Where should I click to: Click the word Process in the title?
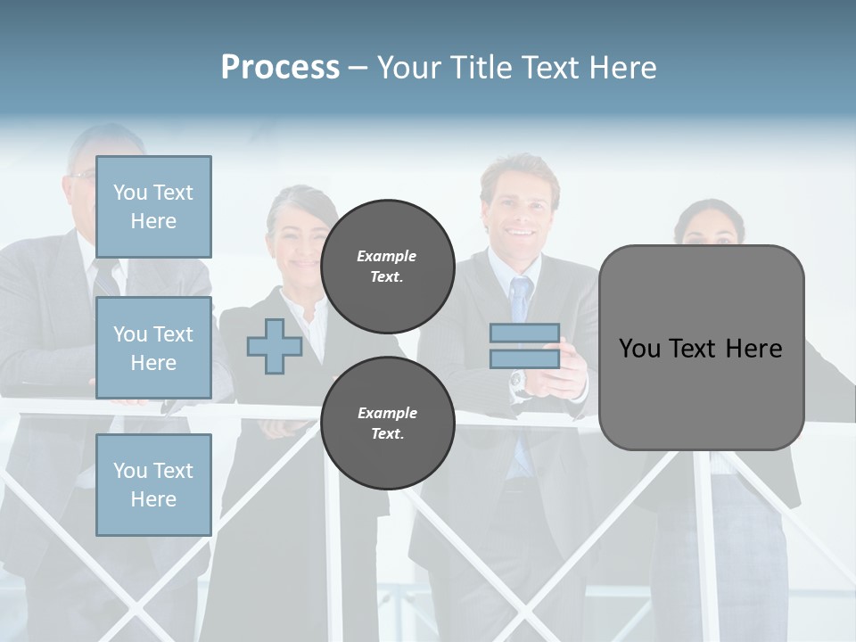click(280, 67)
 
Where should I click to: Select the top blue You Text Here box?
click(153, 207)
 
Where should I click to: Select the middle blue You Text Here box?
click(153, 348)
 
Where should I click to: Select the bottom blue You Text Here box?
click(153, 485)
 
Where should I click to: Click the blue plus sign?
click(274, 346)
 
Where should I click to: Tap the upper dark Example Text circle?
click(387, 267)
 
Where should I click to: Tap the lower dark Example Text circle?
click(387, 424)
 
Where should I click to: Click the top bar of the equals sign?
click(524, 333)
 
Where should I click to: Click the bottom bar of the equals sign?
click(524, 358)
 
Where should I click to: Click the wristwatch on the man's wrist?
click(518, 383)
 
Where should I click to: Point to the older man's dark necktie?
click(104, 277)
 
